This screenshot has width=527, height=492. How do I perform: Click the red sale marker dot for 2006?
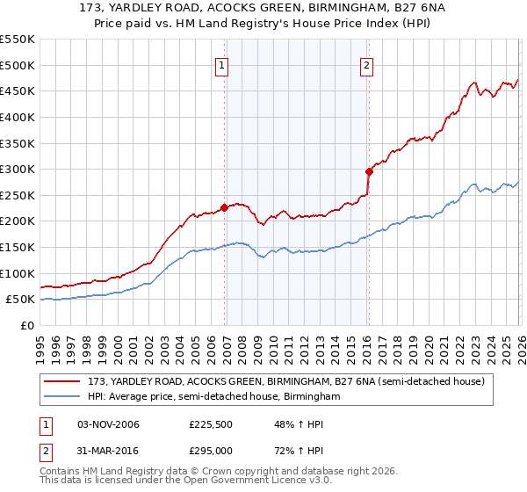pyautogui.click(x=224, y=208)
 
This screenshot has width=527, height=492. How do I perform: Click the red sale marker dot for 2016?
pyautogui.click(x=369, y=172)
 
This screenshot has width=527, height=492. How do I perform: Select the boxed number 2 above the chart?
pyautogui.click(x=365, y=64)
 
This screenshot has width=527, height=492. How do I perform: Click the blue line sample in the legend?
pyautogui.click(x=63, y=396)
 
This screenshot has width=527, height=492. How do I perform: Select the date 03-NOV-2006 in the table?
pyautogui.click(x=109, y=425)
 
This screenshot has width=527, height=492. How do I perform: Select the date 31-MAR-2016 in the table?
pyautogui.click(x=109, y=452)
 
